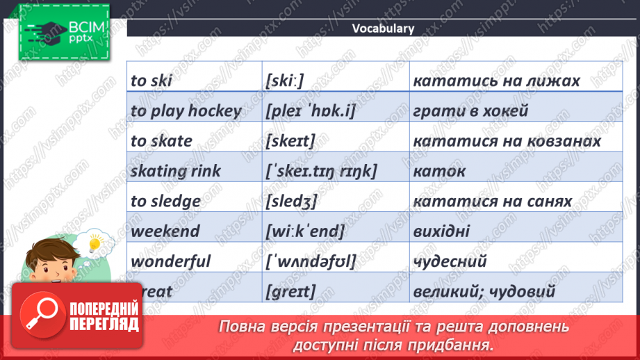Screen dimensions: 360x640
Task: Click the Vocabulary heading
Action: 383,28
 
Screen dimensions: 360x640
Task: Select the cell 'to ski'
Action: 151,81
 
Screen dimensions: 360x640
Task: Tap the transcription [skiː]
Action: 285,81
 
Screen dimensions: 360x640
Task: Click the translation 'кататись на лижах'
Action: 496,81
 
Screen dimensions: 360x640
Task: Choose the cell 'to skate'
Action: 161,141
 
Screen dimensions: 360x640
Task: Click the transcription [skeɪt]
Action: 290,141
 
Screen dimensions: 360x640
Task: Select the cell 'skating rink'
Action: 175,171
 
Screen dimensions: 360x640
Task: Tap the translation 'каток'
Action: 439,171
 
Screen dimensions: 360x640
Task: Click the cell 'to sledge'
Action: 165,202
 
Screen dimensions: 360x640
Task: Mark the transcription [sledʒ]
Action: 291,202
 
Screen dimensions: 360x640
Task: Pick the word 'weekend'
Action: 165,231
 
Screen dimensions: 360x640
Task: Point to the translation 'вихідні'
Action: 441,231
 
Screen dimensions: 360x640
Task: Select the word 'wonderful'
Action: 170,262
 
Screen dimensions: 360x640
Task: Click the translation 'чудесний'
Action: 450,262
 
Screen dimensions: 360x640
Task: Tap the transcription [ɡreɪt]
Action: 290,293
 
